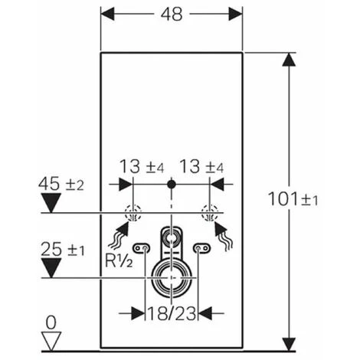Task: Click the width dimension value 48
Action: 172,15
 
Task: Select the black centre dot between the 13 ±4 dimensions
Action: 172,185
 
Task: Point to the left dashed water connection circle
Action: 133,213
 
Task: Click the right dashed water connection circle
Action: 206,213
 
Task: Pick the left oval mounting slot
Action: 141,249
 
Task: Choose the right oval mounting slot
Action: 202,249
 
